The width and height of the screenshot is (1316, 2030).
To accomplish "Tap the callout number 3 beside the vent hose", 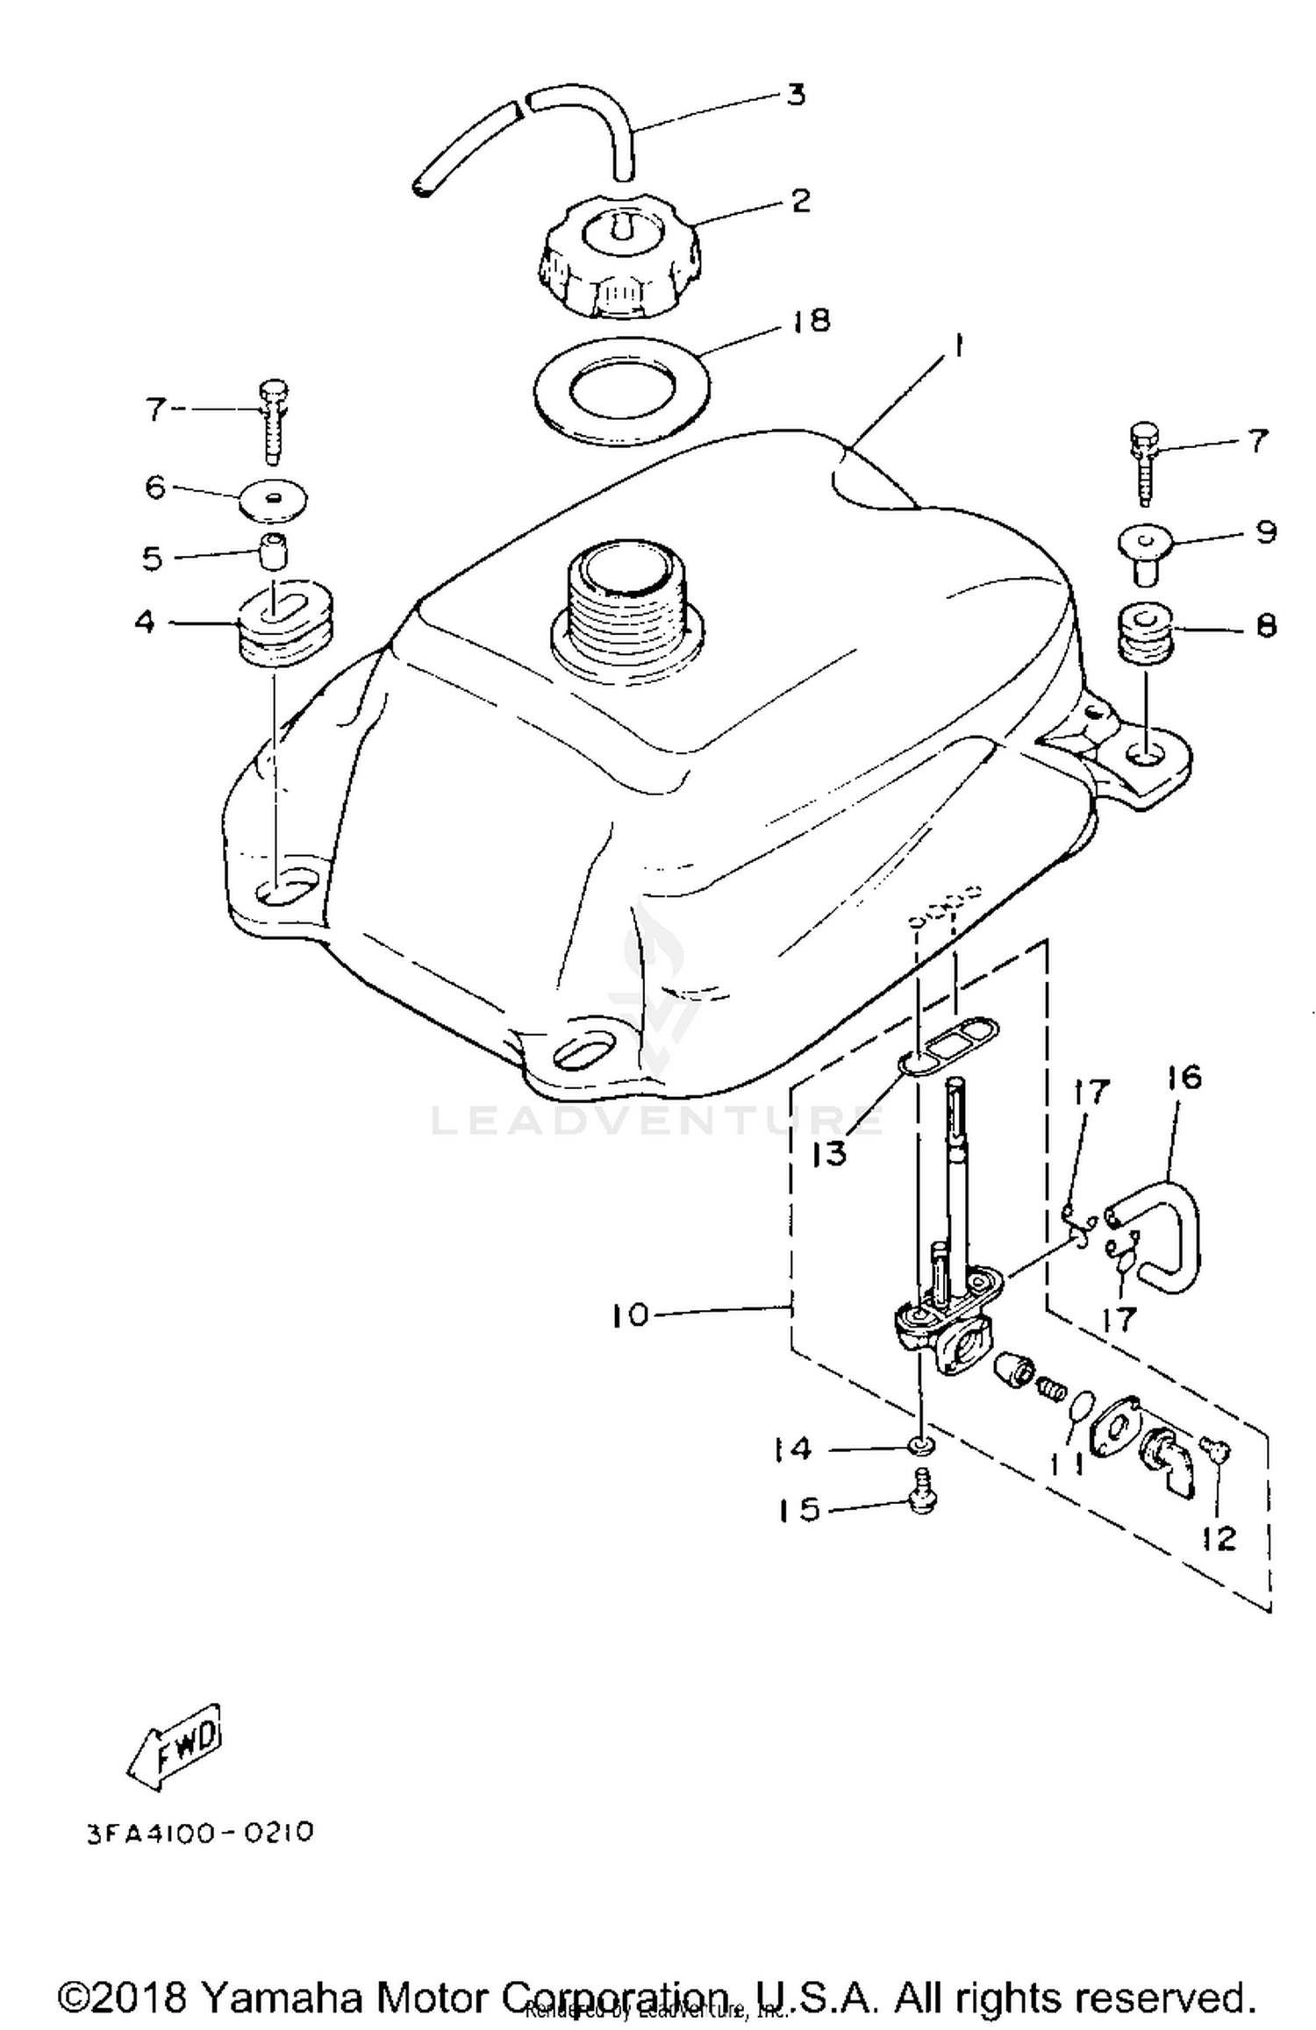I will point(795,95).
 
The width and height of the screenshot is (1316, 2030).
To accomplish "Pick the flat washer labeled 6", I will point(274,499).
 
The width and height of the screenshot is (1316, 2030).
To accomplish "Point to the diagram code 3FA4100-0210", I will point(200,1833).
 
